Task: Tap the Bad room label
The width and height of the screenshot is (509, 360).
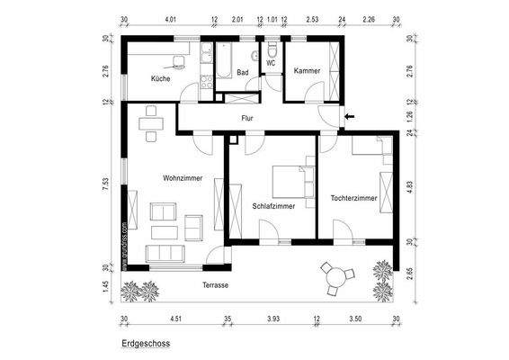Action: (x=242, y=73)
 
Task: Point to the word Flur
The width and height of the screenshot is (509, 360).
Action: (x=247, y=118)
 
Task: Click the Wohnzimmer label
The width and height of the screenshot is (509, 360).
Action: (x=183, y=178)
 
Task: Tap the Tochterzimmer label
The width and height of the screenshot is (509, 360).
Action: (x=353, y=197)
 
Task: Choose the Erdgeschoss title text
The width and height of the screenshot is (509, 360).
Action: (x=145, y=343)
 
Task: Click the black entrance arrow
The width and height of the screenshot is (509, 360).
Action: (x=351, y=116)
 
